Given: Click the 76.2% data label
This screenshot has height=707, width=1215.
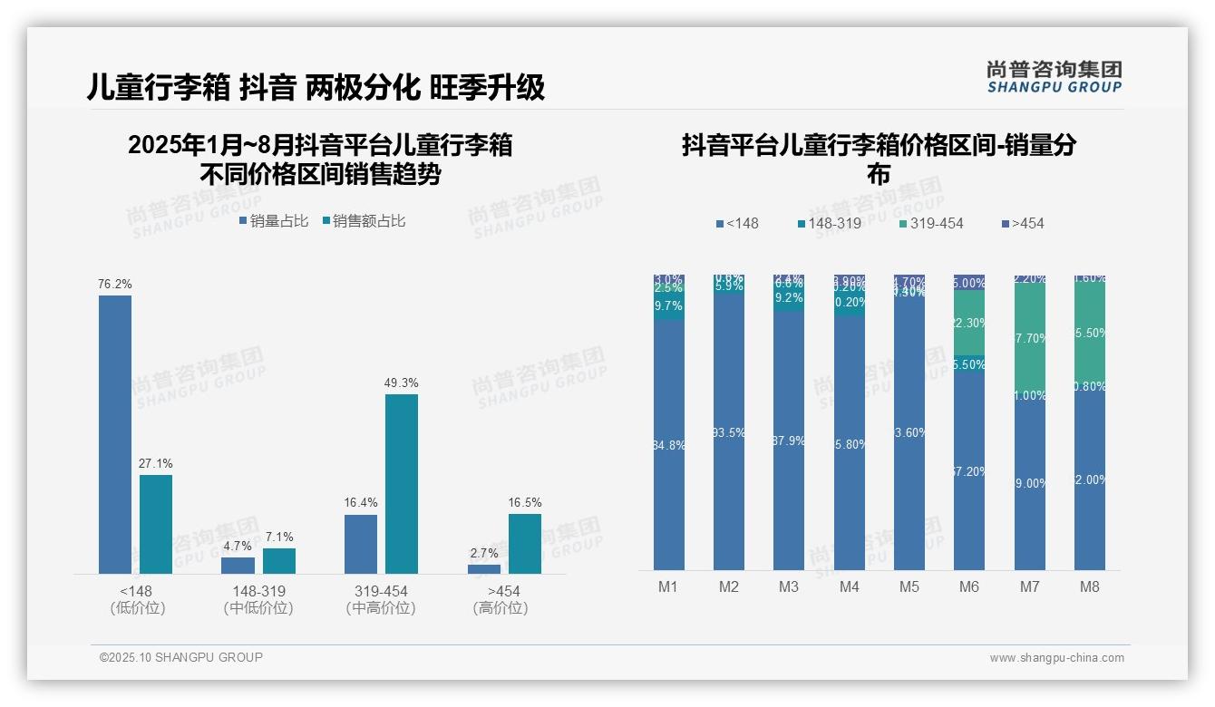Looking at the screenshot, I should [115, 284].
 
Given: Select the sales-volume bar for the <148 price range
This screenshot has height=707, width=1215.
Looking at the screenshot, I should [115, 434].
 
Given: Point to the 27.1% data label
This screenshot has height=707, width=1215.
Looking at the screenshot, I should [155, 463].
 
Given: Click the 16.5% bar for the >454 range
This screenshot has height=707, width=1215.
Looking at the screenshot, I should [524, 544].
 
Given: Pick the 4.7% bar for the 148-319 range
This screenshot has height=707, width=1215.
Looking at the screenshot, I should [238, 565].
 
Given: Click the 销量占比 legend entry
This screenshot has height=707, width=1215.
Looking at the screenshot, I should [274, 220].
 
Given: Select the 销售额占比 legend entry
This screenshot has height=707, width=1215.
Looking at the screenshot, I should [364, 220].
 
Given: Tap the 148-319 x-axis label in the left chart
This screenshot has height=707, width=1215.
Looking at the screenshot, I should [258, 591].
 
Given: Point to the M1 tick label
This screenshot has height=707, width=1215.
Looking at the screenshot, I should [668, 586].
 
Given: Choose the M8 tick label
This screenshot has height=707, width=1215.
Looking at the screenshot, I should [1089, 586].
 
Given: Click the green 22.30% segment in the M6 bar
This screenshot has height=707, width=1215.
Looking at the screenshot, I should [968, 323].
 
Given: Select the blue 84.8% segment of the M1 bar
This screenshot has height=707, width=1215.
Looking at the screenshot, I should [668, 444].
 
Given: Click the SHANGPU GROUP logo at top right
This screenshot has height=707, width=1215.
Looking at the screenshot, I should [1054, 77].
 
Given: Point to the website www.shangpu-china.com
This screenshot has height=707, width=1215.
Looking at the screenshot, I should [1056, 658].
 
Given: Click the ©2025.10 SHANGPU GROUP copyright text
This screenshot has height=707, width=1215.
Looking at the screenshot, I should [181, 657].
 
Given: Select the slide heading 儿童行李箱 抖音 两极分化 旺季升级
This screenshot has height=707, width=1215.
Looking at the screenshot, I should [316, 87].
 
